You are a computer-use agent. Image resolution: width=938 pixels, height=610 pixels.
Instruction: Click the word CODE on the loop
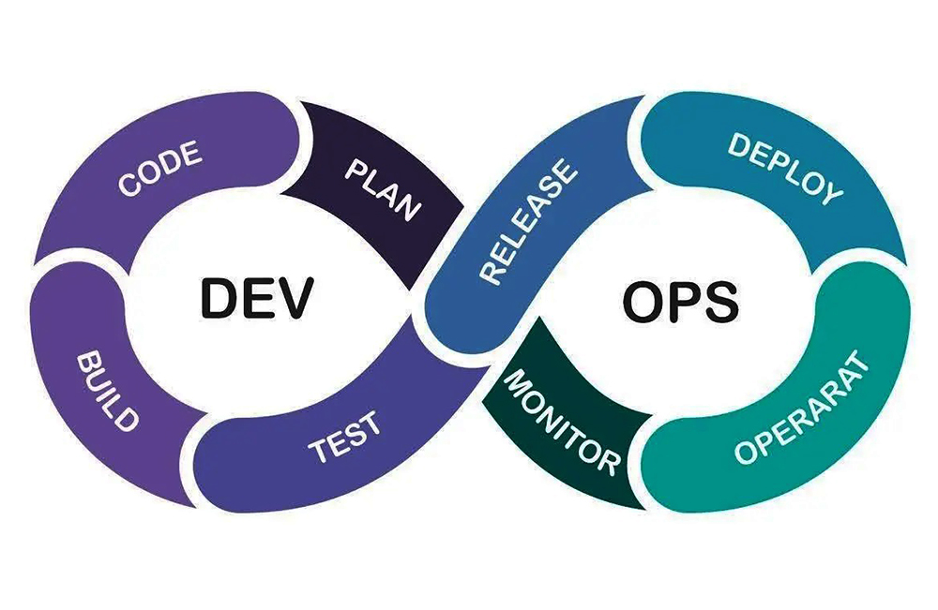(x=159, y=169)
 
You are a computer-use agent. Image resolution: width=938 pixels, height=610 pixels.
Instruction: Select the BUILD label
(x=108, y=392)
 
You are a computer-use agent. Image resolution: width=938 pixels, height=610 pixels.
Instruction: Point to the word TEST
(x=344, y=437)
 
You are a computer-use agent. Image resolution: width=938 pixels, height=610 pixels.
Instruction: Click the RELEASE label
(x=528, y=221)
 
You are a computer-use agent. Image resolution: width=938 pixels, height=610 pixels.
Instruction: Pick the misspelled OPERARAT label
(x=802, y=409)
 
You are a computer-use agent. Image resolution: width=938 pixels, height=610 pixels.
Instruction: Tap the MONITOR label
(x=561, y=423)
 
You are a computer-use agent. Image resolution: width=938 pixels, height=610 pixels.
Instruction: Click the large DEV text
(x=257, y=298)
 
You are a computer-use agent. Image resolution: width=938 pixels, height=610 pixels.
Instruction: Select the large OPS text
(x=681, y=301)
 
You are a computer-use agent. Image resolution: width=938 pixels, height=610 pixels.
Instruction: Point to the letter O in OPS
(x=643, y=301)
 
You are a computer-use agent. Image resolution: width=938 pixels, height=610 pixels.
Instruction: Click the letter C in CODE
(x=128, y=184)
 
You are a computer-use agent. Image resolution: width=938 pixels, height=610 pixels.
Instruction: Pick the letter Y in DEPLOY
(x=831, y=192)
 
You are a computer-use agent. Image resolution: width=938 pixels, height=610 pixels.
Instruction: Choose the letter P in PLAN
(x=356, y=169)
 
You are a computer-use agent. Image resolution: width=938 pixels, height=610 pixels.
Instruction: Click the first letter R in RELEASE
(x=492, y=273)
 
